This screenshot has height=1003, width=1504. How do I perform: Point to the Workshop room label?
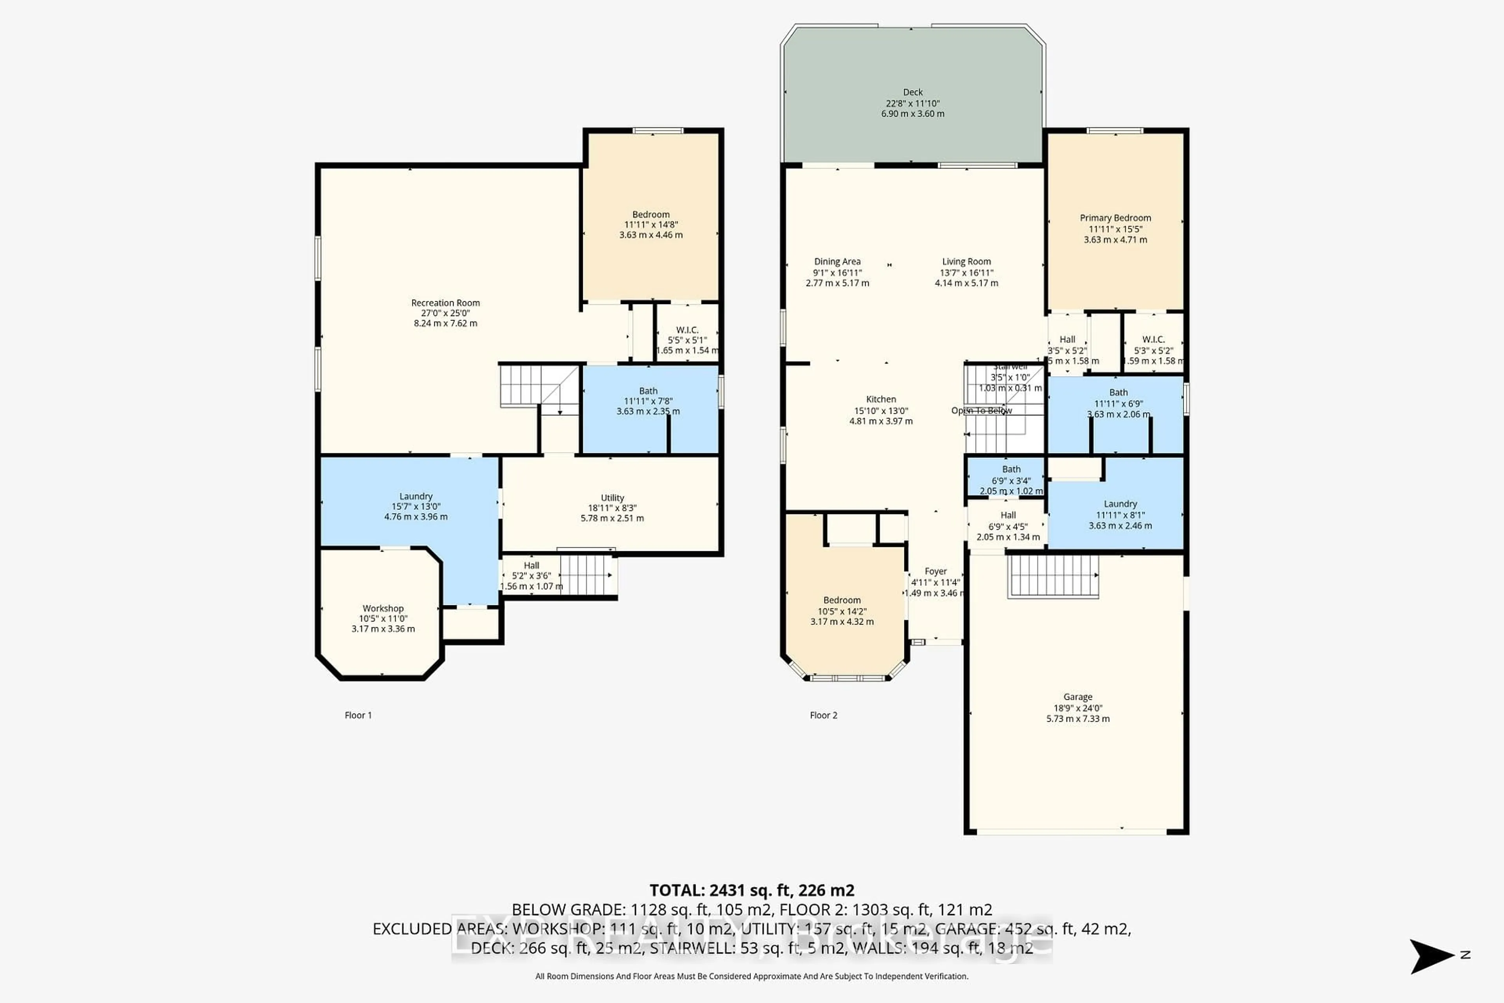[x=383, y=608]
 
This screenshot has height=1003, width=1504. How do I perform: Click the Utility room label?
[x=612, y=498]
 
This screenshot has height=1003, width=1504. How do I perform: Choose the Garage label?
[x=1077, y=697]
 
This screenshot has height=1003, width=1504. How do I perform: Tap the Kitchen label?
[x=880, y=399]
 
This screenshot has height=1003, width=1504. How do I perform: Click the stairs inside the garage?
[x=1052, y=576]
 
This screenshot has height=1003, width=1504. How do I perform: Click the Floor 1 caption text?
[x=358, y=715]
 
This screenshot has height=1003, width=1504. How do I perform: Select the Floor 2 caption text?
[x=823, y=715]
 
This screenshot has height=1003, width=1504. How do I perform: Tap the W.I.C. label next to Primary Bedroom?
[x=1153, y=340]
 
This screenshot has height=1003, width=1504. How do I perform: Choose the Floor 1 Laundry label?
[x=416, y=496]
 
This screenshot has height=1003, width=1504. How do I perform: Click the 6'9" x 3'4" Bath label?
[x=1011, y=469]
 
